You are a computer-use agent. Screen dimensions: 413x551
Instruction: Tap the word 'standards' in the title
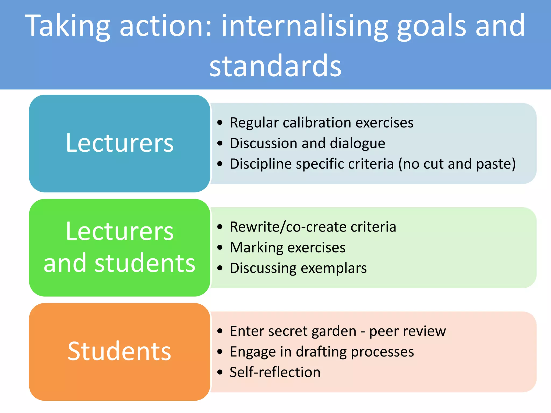[275, 66]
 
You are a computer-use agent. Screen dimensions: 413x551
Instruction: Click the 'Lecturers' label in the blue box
[119, 143]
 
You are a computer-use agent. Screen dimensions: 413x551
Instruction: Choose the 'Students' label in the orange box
[119, 351]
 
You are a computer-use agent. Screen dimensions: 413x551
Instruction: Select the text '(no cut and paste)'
[457, 164]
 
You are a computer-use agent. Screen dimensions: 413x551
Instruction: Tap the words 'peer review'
[407, 331]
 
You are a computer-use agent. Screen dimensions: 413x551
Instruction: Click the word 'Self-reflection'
[275, 372]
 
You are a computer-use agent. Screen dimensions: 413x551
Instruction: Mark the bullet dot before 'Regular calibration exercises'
[220, 123]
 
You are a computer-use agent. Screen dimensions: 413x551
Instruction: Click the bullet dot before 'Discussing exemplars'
[220, 268]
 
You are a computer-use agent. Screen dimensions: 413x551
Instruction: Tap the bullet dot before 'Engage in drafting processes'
[220, 352]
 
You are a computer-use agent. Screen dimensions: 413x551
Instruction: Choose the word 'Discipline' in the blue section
[260, 164]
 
